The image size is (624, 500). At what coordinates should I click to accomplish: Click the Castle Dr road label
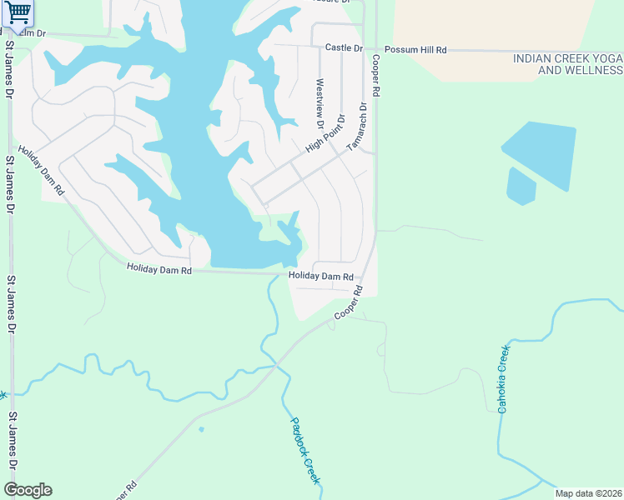tap(344, 49)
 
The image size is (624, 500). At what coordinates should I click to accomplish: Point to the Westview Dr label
tap(320, 103)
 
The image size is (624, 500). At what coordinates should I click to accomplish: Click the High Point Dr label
tap(325, 132)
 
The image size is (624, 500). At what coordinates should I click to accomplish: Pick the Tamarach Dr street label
tap(357, 126)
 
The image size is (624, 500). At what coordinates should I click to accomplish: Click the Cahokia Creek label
tap(503, 379)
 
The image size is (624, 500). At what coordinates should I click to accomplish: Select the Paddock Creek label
tap(305, 450)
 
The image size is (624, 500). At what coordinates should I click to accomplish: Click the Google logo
tap(28, 490)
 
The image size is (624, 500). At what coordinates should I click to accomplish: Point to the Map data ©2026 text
tap(587, 493)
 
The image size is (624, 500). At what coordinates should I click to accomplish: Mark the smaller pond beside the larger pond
tap(521, 187)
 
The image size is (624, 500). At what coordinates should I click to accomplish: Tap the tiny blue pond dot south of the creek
tap(201, 430)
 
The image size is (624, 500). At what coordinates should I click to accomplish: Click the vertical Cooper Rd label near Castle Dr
tap(376, 77)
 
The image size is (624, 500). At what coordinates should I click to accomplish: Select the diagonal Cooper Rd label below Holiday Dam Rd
tap(350, 302)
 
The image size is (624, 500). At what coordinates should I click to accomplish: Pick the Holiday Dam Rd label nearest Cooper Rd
tap(321, 277)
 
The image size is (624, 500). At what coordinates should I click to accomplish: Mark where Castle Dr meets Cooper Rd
tap(375, 49)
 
